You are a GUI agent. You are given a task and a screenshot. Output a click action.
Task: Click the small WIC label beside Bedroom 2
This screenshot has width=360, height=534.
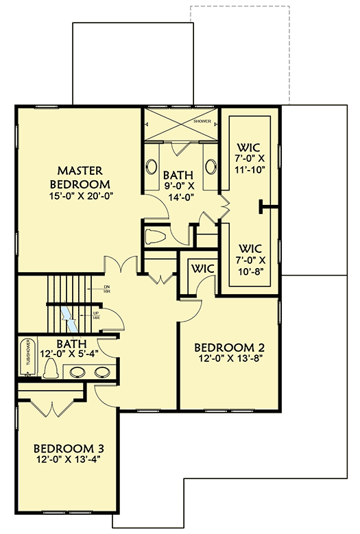(x=204, y=268)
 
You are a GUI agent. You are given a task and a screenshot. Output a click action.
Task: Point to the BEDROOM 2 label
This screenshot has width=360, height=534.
(x=228, y=346)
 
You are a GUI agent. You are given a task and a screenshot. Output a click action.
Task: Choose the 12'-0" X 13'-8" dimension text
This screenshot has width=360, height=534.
(x=228, y=359)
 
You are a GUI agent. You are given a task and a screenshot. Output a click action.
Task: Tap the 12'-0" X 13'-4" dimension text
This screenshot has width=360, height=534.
(x=69, y=462)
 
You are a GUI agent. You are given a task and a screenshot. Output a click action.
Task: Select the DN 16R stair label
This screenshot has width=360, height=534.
(x=107, y=289)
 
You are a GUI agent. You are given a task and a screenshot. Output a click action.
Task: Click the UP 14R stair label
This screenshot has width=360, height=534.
(x=97, y=316)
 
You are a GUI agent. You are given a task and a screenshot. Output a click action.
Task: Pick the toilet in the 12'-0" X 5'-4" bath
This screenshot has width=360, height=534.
(x=49, y=369)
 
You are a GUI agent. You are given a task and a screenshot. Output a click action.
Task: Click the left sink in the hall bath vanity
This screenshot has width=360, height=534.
(x=77, y=372)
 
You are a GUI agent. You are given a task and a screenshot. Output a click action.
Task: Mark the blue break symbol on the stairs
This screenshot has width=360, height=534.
(x=71, y=315)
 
